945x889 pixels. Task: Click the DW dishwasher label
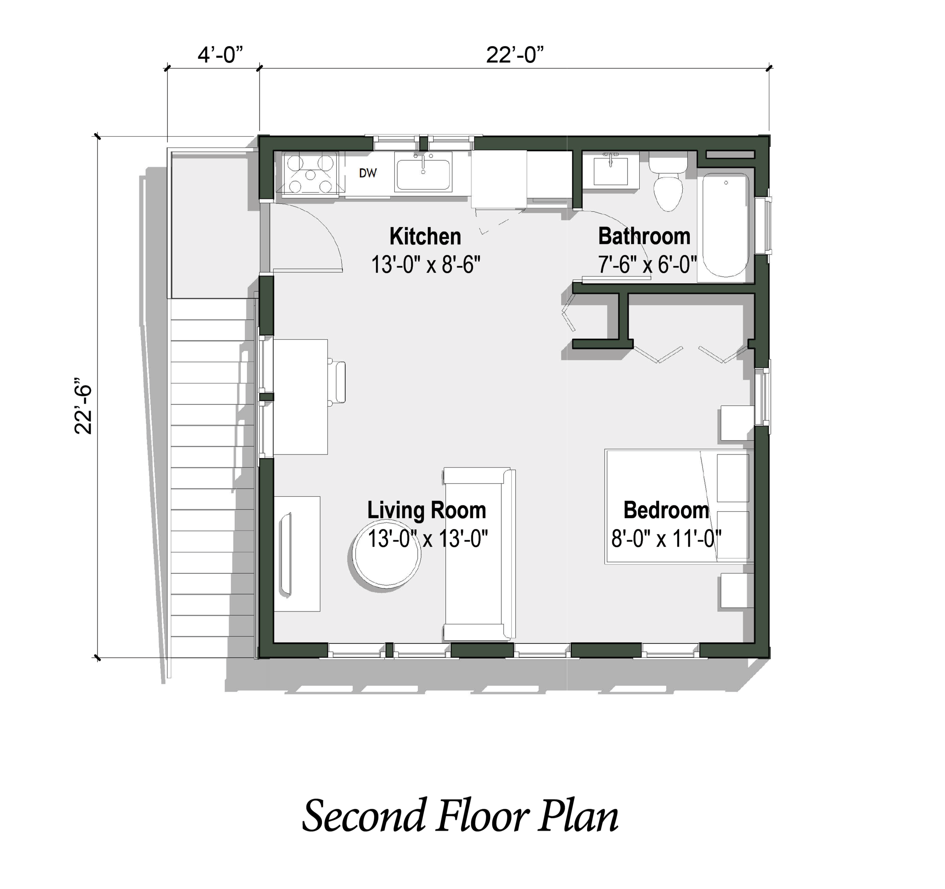pyautogui.click(x=367, y=173)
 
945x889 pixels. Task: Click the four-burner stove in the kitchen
pyautogui.click(x=310, y=174)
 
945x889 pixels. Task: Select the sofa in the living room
pyautogui.click(x=479, y=554)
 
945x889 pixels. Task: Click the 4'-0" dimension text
pyautogui.click(x=220, y=55)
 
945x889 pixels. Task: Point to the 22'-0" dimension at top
pyautogui.click(x=514, y=55)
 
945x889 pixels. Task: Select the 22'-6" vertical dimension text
pyautogui.click(x=83, y=406)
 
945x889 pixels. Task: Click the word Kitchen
pyautogui.click(x=425, y=236)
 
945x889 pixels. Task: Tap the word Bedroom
pyautogui.click(x=666, y=510)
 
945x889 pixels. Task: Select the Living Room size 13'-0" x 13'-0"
pyautogui.click(x=428, y=539)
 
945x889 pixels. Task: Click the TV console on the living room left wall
pyautogui.click(x=297, y=554)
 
